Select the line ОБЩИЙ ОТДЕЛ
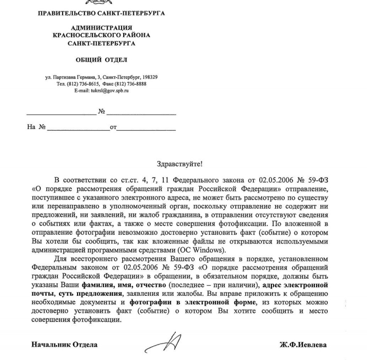tap(101, 59)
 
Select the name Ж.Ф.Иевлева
tap(303, 345)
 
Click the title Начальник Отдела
tap(64, 345)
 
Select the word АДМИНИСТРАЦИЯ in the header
tap(101, 27)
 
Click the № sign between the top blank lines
tap(101, 112)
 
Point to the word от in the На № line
tap(113, 127)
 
